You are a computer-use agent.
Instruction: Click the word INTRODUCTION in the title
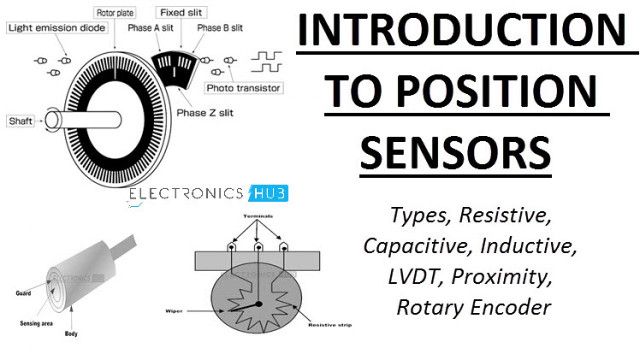pyautogui.click(x=461, y=30)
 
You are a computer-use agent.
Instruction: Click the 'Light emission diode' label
pyautogui.click(x=57, y=28)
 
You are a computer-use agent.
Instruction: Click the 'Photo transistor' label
pyautogui.click(x=243, y=88)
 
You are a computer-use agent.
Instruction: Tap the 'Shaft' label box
pyautogui.click(x=21, y=120)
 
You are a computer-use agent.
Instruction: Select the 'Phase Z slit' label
pyautogui.click(x=204, y=112)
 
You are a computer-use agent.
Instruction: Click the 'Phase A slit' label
pyautogui.click(x=150, y=28)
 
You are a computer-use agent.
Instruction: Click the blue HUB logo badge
pyautogui.click(x=268, y=193)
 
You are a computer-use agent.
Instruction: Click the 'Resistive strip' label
pyautogui.click(x=329, y=325)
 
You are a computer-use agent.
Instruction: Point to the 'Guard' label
pyautogui.click(x=23, y=293)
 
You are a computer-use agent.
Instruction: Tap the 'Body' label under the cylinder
pyautogui.click(x=71, y=333)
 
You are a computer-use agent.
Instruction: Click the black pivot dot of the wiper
pyautogui.click(x=258, y=303)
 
